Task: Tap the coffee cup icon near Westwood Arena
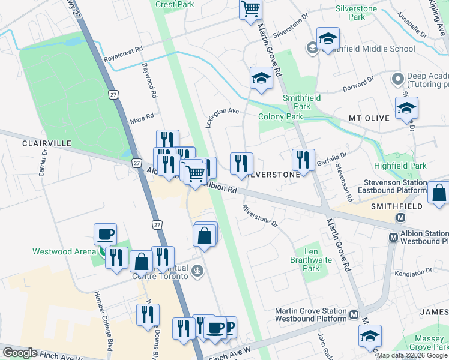pos(106,234)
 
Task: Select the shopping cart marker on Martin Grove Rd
pos(250,9)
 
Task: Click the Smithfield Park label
pos(302,102)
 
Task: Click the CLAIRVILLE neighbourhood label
pos(47,144)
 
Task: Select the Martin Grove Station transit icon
pos(354,314)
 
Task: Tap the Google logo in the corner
pos(20,353)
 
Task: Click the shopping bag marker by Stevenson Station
pos(439,193)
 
